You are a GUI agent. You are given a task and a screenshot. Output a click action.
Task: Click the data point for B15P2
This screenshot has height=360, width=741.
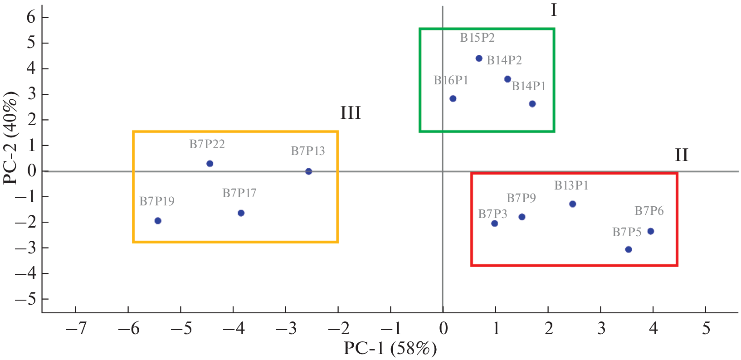click(479, 58)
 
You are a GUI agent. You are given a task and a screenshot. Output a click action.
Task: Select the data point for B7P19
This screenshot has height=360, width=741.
click(158, 221)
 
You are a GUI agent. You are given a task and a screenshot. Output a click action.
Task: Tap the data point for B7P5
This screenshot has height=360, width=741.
click(629, 249)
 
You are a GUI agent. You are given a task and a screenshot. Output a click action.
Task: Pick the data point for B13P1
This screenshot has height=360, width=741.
click(573, 204)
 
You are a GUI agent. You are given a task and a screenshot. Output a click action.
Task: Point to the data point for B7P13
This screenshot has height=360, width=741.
click(309, 171)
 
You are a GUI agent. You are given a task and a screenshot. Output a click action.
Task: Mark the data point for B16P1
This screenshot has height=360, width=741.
click(453, 99)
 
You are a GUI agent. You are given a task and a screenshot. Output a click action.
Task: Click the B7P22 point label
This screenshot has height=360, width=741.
click(207, 144)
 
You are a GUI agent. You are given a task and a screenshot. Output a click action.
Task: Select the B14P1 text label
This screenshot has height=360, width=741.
click(529, 86)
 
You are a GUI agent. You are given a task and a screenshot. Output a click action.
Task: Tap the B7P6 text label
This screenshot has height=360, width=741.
click(649, 211)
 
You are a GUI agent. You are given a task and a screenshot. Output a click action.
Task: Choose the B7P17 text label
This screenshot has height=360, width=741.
click(239, 193)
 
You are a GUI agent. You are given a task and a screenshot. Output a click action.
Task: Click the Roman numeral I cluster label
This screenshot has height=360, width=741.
click(553, 10)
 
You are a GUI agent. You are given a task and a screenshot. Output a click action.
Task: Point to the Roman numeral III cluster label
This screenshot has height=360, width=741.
click(351, 113)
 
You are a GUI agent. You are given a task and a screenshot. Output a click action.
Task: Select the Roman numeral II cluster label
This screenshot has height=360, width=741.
click(681, 156)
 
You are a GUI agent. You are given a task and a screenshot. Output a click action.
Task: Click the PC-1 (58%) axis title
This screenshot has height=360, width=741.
click(390, 349)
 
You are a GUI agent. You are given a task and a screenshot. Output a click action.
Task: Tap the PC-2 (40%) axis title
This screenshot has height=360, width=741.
click(10, 138)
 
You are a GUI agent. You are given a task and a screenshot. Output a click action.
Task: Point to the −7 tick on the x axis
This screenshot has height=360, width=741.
click(76, 328)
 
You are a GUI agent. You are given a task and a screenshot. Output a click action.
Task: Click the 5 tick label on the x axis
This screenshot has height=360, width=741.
click(706, 328)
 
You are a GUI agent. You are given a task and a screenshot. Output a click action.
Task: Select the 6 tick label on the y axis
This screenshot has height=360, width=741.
click(31, 17)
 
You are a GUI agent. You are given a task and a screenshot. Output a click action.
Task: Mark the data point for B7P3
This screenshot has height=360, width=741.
click(495, 224)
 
